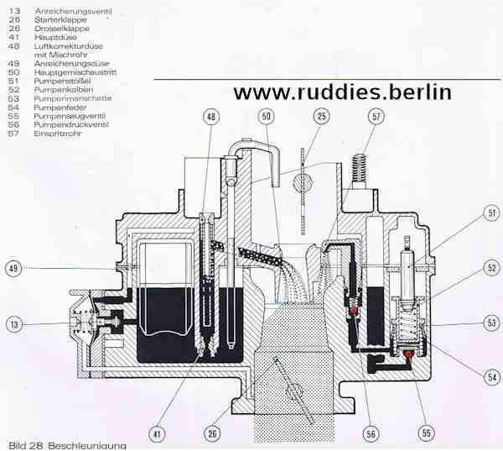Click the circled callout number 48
click(x=211, y=117)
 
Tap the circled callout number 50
click(x=267, y=117)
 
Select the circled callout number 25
click(x=321, y=117)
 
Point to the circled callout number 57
click(x=376, y=117)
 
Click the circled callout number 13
click(x=14, y=324)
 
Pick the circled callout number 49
click(x=13, y=269)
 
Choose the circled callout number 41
click(x=157, y=434)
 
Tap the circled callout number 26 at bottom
click(x=212, y=433)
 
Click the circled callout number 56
click(x=371, y=434)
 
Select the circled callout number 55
click(x=426, y=433)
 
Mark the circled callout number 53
click(x=492, y=323)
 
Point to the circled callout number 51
click(x=492, y=212)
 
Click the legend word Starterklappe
click(x=60, y=20)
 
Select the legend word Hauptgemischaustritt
click(x=75, y=72)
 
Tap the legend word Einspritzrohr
click(x=58, y=134)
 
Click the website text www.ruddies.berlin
click(x=343, y=92)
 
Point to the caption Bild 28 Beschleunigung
click(x=67, y=446)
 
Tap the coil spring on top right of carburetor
click(x=359, y=168)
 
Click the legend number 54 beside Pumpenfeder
click(x=13, y=108)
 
